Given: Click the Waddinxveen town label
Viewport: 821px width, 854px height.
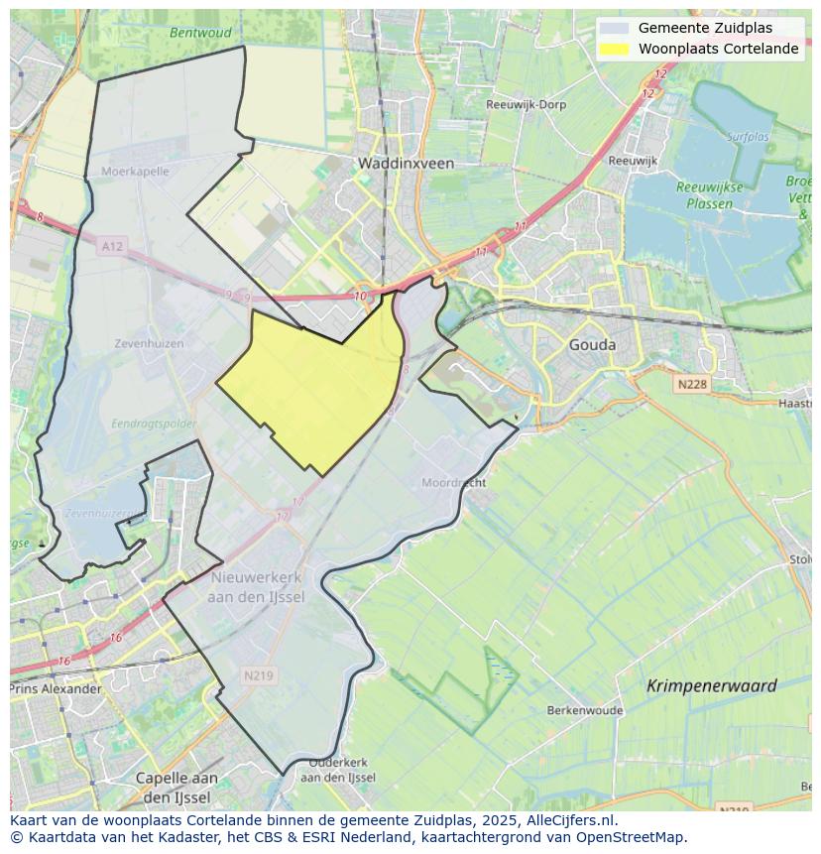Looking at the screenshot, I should coord(406,163).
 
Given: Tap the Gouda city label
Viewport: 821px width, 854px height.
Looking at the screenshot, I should coord(592,345).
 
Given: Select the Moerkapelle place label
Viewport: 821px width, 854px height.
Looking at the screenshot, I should coord(135,172).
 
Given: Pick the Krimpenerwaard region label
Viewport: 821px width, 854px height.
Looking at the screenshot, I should coord(711,685).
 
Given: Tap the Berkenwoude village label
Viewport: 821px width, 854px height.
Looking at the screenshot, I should coord(585,710).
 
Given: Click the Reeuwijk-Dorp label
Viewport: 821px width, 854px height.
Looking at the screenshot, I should coord(526,104).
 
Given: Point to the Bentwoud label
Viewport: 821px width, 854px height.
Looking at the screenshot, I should coord(200,33).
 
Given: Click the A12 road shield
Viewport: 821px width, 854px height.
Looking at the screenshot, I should coord(112,246).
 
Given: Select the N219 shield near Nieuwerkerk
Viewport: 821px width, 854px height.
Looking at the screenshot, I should coord(258,675).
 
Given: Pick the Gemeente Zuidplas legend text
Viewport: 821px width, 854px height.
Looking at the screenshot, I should coord(705,28).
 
